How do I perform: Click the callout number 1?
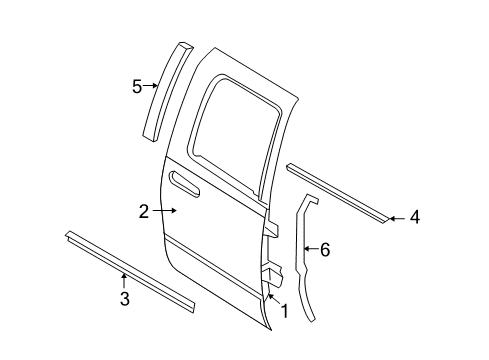(x=284, y=311)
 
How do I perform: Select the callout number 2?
(x=144, y=211)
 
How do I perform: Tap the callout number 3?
(x=124, y=297)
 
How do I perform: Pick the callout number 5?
(x=138, y=86)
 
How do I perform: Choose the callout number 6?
(x=324, y=250)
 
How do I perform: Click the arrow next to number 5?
(x=152, y=86)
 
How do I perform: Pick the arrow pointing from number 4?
(x=395, y=217)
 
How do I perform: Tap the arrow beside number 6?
(x=308, y=250)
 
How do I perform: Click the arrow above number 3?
(x=124, y=277)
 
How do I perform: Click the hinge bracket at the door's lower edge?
(x=270, y=275)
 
